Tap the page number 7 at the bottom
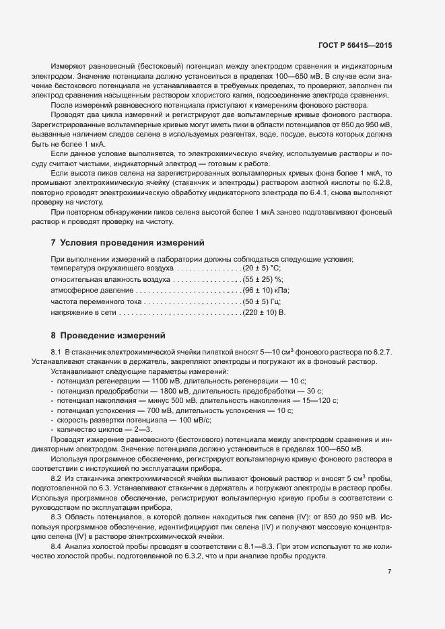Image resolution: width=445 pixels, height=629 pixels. tap(389, 571)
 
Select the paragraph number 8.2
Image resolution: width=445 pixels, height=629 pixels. tap(57, 477)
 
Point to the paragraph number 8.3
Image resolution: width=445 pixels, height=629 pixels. tap(57, 516)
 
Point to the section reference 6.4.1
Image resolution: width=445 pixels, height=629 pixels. tap(314, 194)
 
